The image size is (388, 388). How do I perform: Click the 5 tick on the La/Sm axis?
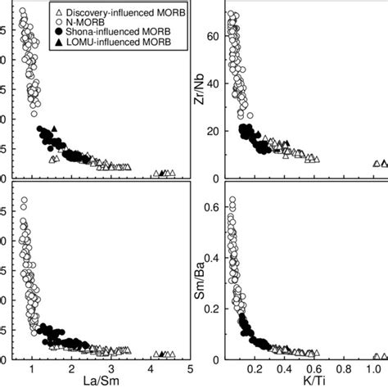tap(190, 368)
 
